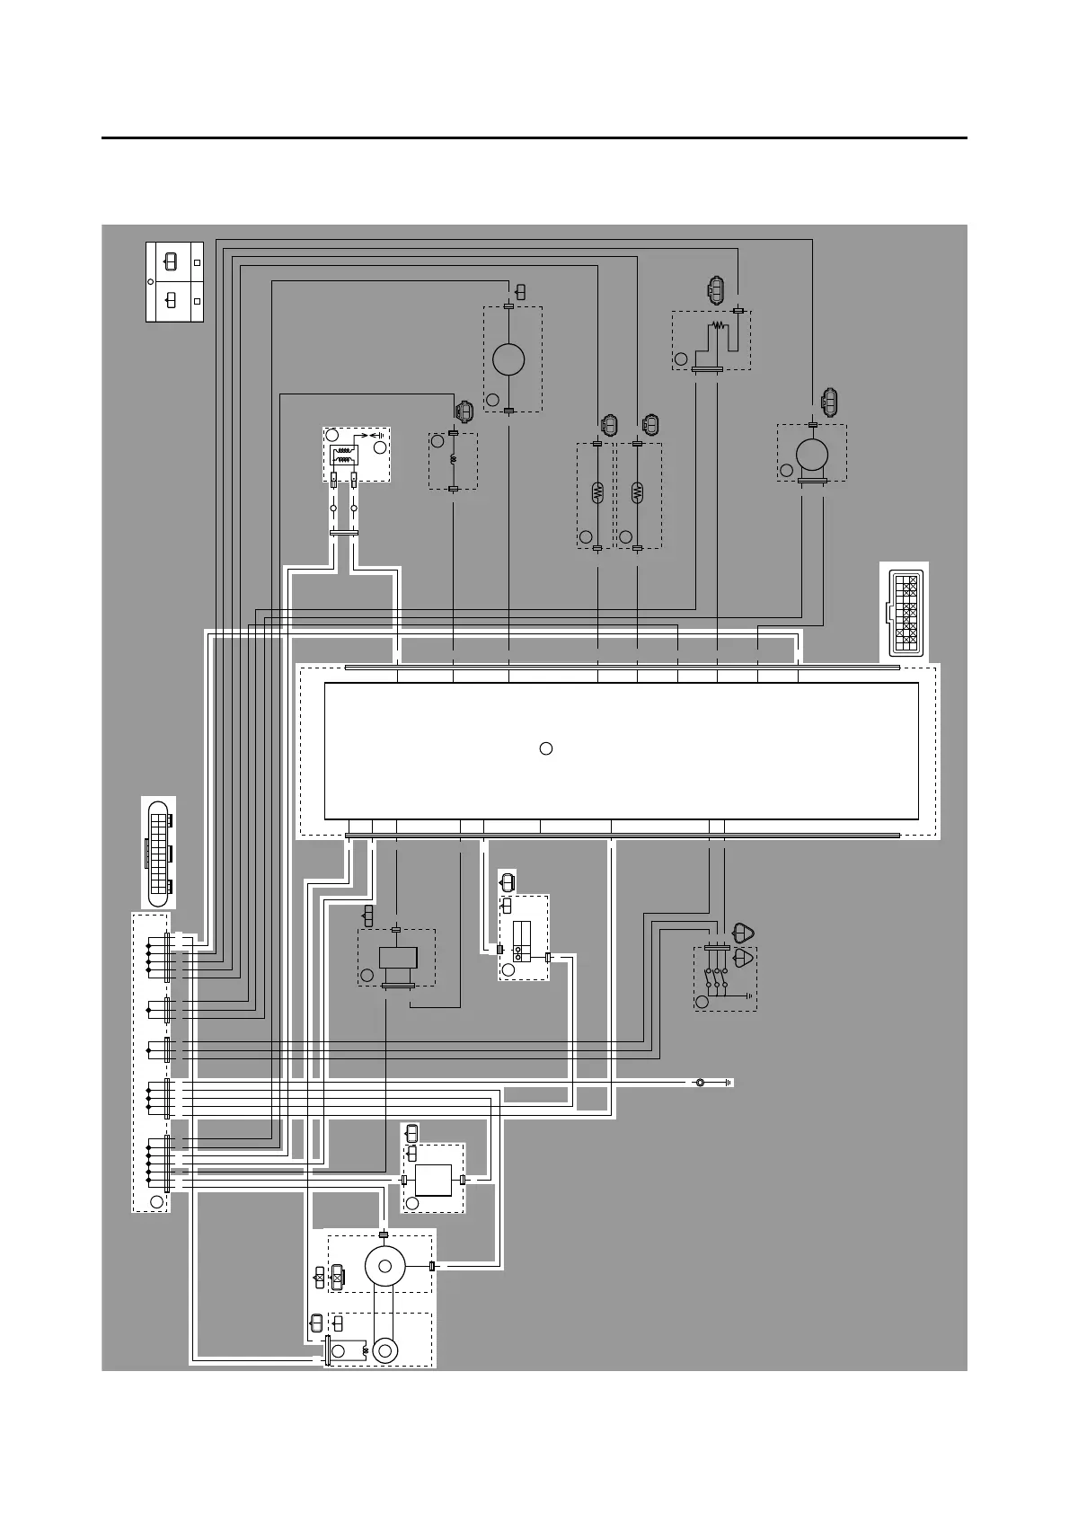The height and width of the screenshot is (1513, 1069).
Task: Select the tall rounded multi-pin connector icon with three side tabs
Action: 159,851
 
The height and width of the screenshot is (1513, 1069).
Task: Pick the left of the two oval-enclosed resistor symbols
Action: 598,491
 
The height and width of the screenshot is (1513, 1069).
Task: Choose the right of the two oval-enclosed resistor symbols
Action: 638,491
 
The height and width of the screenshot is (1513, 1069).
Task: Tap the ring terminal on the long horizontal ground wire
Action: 700,1082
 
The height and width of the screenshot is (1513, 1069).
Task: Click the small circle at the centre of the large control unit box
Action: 545,748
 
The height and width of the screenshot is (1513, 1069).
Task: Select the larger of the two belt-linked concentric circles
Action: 385,1266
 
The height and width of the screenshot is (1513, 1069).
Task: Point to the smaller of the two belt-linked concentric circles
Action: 386,1349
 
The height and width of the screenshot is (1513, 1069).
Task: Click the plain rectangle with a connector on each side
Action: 433,1180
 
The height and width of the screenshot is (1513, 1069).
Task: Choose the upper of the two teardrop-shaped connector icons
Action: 744,933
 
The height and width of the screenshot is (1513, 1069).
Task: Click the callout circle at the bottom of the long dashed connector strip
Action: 156,1201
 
